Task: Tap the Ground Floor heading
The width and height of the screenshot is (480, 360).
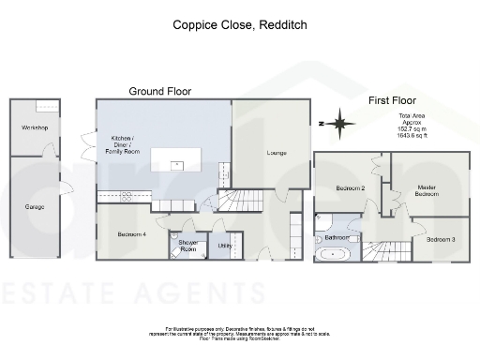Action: (159, 92)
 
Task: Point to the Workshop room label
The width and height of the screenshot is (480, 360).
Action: (34, 127)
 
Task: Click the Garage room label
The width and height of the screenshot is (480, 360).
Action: (34, 207)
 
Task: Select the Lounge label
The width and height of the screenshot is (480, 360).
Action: (277, 153)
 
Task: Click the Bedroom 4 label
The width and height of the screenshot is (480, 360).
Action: (131, 233)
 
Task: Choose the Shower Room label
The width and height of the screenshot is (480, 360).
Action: (187, 246)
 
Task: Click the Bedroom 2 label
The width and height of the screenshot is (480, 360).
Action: (350, 188)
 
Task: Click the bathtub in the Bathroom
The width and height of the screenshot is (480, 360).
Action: (334, 254)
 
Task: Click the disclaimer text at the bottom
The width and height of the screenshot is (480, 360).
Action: (240, 335)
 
